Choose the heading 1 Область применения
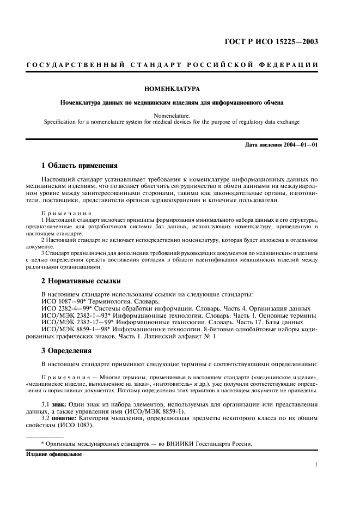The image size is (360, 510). (79, 165)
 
